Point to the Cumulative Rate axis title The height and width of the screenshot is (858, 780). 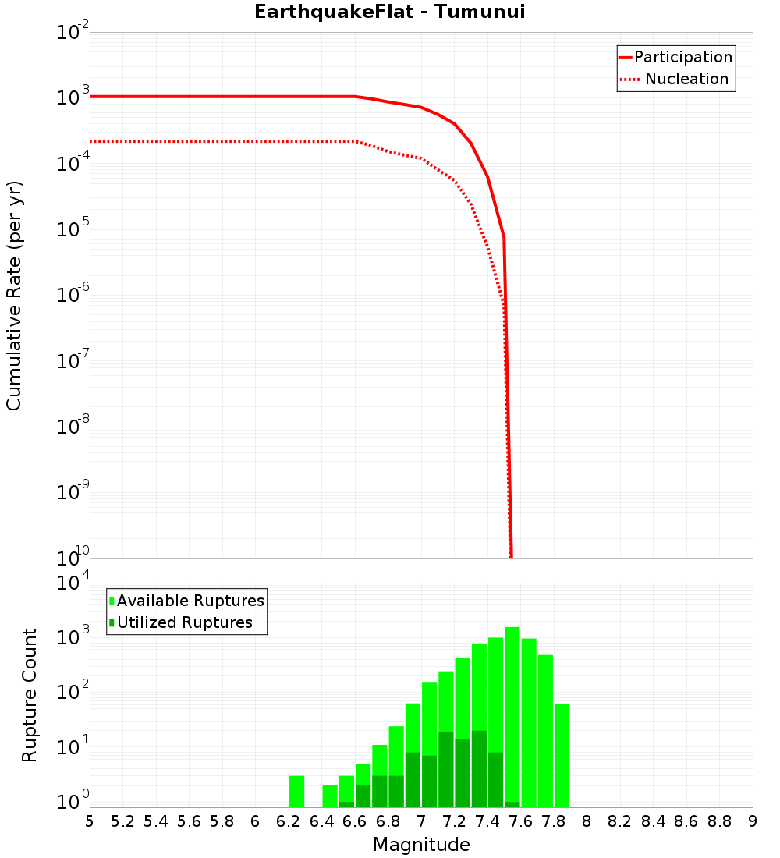(x=14, y=295)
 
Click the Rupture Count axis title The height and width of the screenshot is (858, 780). (x=30, y=694)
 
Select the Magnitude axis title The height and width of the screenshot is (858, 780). (x=421, y=845)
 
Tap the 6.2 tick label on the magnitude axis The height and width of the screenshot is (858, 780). (x=289, y=821)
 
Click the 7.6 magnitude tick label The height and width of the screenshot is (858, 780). (x=520, y=821)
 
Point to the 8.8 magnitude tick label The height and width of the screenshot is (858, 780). (x=719, y=821)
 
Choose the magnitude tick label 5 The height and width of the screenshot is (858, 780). (x=90, y=821)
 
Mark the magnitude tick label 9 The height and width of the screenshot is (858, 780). (x=753, y=821)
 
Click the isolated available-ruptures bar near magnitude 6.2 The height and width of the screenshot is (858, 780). (x=296, y=791)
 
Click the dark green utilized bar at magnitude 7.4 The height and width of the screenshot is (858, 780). (x=496, y=780)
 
